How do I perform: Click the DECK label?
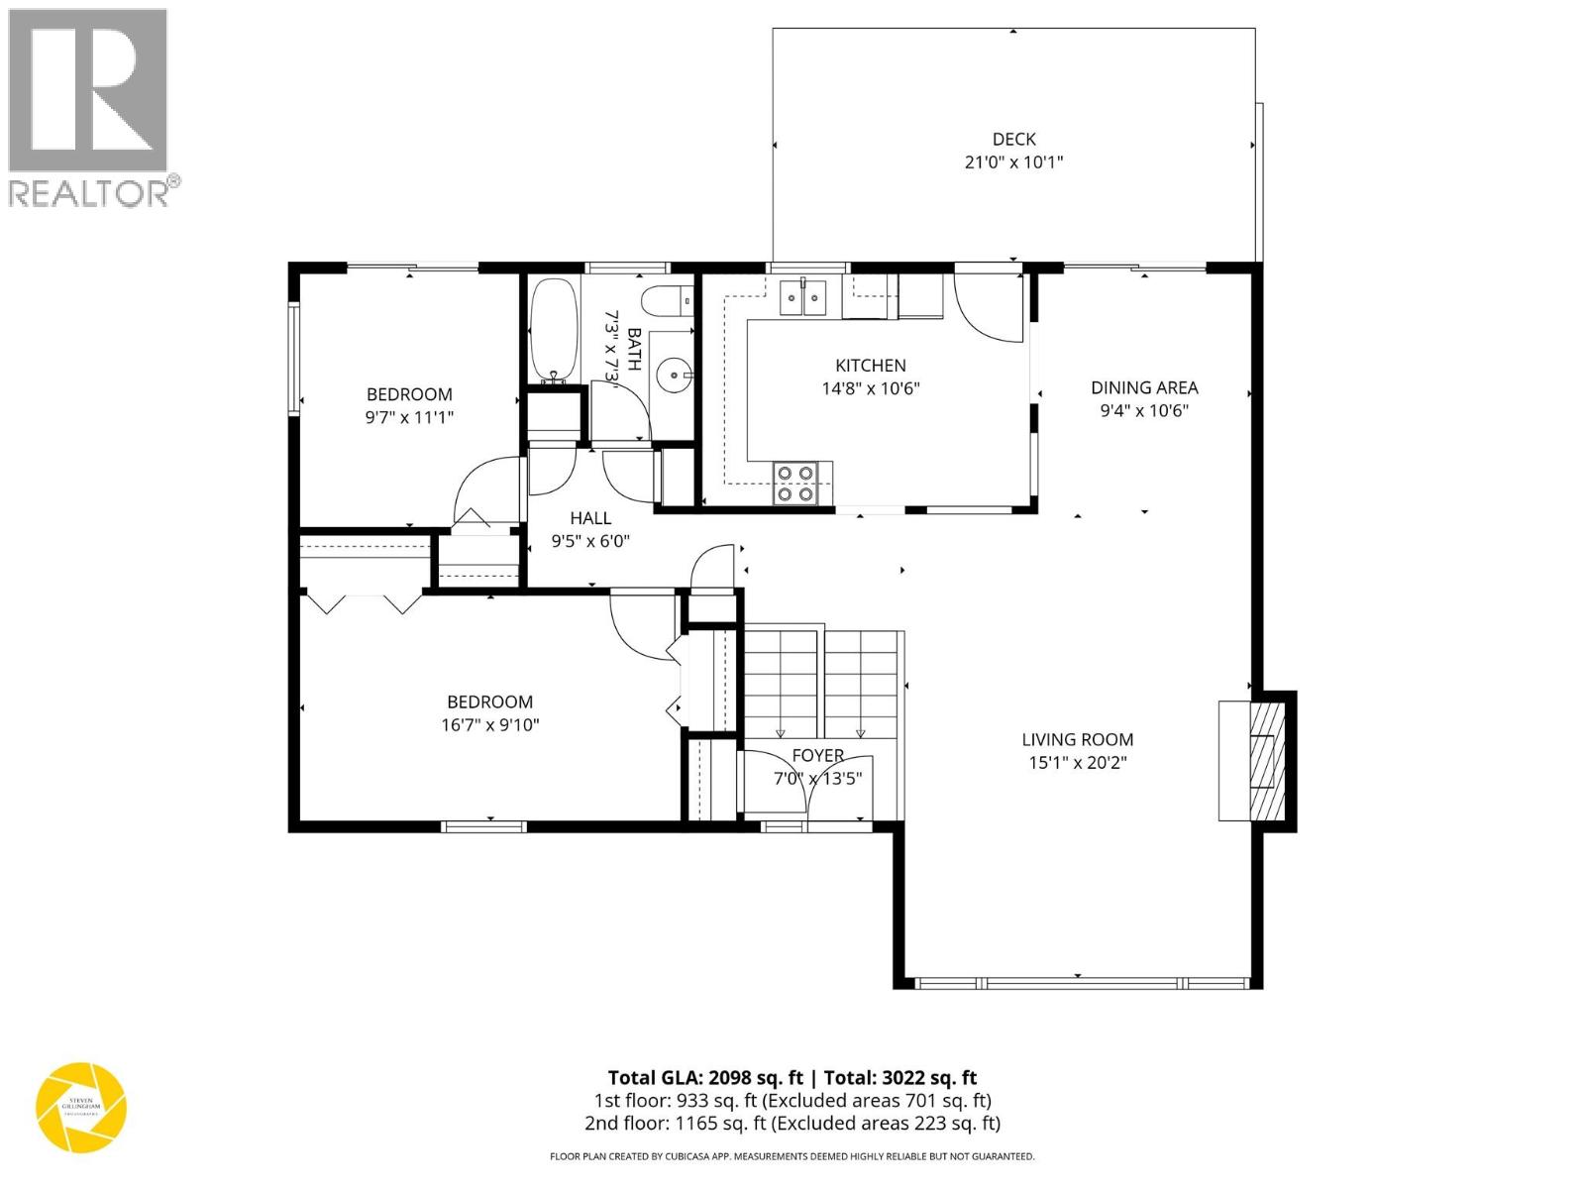[1013, 140]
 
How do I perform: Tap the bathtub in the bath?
[553, 331]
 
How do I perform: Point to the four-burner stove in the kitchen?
[794, 484]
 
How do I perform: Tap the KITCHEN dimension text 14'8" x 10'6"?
[870, 389]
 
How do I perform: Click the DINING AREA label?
[1144, 387]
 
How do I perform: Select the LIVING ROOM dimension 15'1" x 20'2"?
[1077, 763]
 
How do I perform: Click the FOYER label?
[817, 755]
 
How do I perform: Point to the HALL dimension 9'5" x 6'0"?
[590, 541]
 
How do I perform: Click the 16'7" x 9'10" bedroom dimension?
[489, 725]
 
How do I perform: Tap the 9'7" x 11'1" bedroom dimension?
[409, 418]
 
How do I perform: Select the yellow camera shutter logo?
[81, 1108]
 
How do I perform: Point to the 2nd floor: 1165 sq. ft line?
[792, 1123]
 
